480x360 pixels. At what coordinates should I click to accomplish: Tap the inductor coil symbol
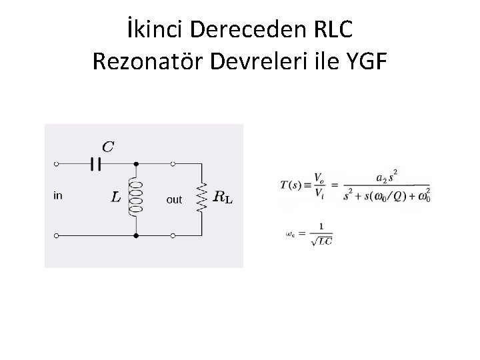click(136, 197)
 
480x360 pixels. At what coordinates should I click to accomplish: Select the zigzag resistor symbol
click(201, 196)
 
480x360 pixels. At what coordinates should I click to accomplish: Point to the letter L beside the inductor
click(116, 197)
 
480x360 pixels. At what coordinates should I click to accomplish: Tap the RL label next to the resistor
click(223, 197)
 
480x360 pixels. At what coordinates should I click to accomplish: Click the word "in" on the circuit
click(58, 195)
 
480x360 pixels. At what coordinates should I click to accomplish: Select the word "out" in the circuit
click(174, 199)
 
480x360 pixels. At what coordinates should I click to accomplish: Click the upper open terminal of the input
click(56, 163)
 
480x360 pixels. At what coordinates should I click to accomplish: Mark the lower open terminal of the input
click(56, 235)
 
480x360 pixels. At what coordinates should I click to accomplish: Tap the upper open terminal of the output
click(173, 163)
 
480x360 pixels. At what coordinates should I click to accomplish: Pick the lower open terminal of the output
click(173, 235)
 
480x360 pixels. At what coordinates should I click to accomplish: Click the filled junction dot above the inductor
click(136, 163)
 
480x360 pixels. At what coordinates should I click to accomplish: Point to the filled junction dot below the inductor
click(136, 235)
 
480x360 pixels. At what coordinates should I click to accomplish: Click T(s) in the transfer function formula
click(292, 185)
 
